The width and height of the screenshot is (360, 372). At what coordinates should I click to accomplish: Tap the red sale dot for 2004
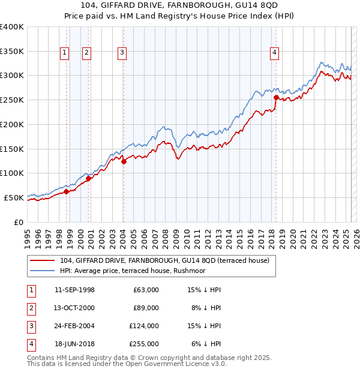click(x=124, y=161)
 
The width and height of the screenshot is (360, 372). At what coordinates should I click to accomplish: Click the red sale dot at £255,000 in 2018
click(x=276, y=97)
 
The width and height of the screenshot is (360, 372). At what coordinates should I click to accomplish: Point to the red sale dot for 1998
click(x=67, y=191)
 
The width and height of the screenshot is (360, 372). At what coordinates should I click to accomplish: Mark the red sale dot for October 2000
click(x=88, y=178)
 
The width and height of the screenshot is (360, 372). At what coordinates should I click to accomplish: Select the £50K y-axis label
click(x=14, y=197)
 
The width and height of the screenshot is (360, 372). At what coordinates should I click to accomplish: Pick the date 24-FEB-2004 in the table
click(x=74, y=326)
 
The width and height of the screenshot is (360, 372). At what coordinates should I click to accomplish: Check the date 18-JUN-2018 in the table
click(x=74, y=344)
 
